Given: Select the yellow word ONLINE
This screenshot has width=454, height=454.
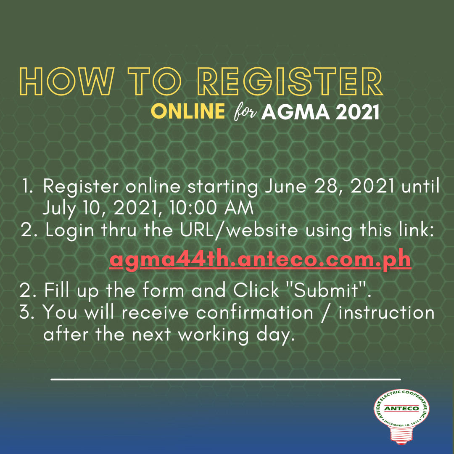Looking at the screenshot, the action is [x=188, y=111].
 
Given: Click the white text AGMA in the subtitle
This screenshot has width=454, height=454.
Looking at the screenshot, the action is [x=296, y=112].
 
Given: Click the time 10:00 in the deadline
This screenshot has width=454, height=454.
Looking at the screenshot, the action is [x=193, y=208].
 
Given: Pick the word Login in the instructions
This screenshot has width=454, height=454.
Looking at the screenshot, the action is [x=70, y=231].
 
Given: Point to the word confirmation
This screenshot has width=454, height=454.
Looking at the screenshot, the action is [x=254, y=313].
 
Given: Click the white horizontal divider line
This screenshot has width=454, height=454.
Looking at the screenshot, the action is [x=226, y=379].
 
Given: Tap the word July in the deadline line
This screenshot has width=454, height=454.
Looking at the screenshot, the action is [x=59, y=209].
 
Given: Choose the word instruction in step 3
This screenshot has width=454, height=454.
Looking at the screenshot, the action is [x=387, y=313].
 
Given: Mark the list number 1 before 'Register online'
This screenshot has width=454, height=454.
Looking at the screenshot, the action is [x=27, y=186].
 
